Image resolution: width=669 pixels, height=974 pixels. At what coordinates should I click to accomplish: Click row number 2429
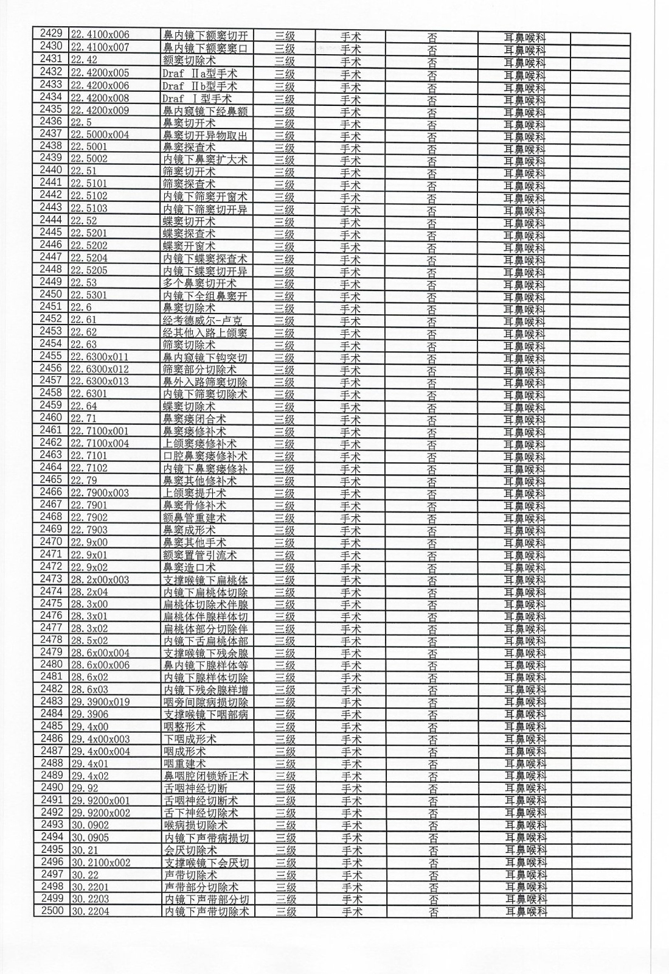[50, 34]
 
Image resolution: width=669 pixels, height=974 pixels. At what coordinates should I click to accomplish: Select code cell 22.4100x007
[100, 47]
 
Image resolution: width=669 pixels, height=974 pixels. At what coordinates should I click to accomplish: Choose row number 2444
[50, 220]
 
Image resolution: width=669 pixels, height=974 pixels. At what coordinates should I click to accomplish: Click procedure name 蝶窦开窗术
[189, 247]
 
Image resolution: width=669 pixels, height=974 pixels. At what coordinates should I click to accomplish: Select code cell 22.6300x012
[100, 370]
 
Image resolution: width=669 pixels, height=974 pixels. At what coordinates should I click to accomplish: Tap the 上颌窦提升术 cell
[194, 493]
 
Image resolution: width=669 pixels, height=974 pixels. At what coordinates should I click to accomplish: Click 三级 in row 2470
[285, 542]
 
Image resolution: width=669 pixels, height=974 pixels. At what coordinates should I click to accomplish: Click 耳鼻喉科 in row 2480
[525, 665]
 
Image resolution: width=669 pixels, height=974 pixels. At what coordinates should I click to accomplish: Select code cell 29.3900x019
[100, 702]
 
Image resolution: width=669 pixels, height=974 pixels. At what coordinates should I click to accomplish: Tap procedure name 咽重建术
[185, 763]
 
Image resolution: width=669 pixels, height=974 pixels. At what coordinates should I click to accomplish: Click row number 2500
[52, 911]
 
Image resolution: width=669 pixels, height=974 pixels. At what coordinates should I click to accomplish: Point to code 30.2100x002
[100, 863]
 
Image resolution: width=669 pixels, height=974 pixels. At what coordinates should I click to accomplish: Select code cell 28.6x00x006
[100, 665]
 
